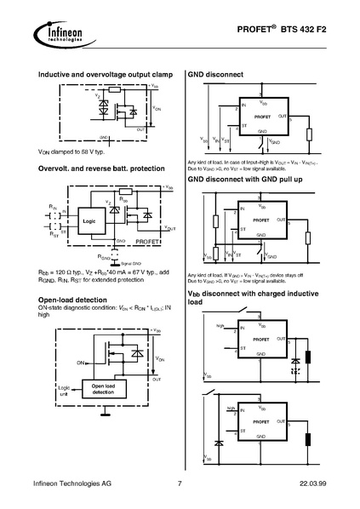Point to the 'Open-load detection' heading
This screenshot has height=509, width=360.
pyautogui.click(x=72, y=300)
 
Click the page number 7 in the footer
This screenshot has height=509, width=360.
pyautogui.click(x=180, y=484)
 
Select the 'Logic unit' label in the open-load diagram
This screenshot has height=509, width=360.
pyautogui.click(x=62, y=389)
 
